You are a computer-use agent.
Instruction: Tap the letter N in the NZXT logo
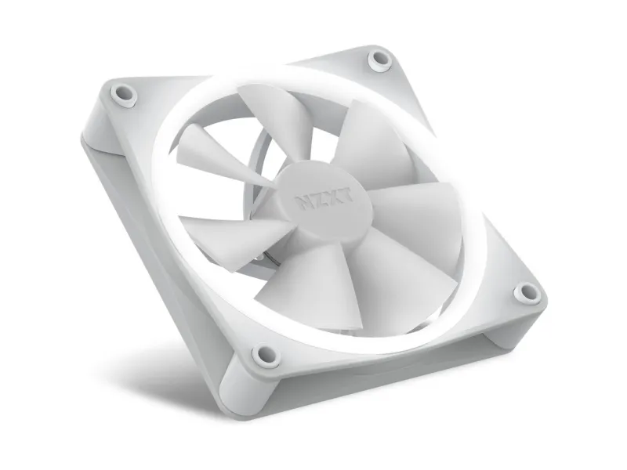click(x=303, y=202)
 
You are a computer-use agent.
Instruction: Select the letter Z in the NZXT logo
click(x=317, y=199)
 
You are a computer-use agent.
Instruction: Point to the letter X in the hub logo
click(x=331, y=197)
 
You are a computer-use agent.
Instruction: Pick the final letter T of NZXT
click(x=346, y=194)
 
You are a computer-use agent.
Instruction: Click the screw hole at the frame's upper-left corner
click(x=123, y=94)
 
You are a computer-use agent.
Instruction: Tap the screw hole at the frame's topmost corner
click(x=379, y=60)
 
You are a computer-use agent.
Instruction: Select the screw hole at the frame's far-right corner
click(x=527, y=293)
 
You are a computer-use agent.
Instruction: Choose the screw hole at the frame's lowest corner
click(x=266, y=355)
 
